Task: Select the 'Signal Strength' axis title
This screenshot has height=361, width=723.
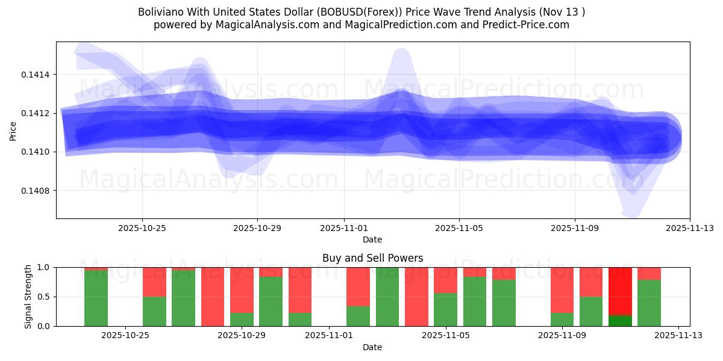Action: point(28,297)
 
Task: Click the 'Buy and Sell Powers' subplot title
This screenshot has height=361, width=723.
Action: point(372,258)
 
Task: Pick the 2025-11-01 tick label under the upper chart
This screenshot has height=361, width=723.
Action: point(344,228)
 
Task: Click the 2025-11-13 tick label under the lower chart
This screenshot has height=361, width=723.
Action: point(679,336)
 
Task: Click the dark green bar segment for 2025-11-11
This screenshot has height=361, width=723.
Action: point(620,321)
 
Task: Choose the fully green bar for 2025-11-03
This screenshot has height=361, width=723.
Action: point(387,297)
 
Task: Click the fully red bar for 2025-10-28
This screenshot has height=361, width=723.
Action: point(213,297)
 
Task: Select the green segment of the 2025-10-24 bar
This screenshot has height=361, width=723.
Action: point(96,299)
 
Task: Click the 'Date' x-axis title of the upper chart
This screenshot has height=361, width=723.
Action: point(372,239)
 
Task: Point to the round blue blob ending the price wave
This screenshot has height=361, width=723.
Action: point(663,138)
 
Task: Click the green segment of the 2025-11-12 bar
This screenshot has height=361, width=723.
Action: point(649,303)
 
